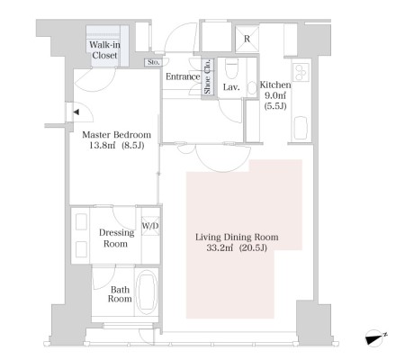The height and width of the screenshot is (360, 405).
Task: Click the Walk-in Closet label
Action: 104,50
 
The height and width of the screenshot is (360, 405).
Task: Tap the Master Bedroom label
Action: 116,135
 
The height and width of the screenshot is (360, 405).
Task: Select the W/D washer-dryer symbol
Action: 150,226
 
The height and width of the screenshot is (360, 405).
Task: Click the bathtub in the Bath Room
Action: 147,292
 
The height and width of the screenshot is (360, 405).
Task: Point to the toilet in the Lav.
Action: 231,68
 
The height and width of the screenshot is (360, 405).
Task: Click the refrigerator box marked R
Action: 247,39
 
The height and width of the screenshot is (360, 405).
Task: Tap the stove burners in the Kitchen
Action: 301,72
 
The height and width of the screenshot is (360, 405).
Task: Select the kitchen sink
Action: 301,128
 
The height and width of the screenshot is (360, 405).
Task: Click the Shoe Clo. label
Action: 208,76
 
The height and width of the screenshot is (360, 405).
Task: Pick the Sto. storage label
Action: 154,62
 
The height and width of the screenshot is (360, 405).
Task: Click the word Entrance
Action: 183,76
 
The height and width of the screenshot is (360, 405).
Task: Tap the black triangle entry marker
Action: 76,112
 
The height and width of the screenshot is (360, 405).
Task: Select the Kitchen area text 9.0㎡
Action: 274,95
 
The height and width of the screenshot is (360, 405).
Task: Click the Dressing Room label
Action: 116,238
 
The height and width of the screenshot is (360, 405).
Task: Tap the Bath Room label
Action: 120,294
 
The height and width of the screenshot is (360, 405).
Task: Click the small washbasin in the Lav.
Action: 252,88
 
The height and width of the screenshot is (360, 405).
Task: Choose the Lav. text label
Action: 231,87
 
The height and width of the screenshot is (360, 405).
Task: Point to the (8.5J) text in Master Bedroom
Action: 133,146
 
